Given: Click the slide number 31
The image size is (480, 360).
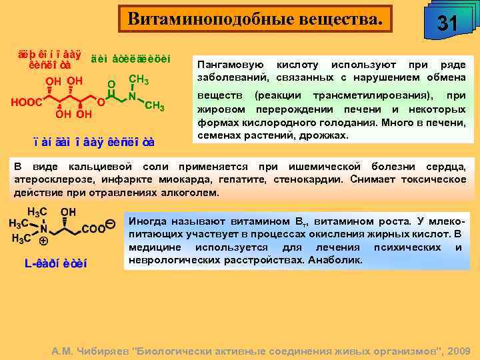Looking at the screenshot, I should pos(447,24).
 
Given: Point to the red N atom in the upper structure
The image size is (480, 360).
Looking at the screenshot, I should pos(133,96).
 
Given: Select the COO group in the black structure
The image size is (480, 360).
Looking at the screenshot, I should pos(93,228).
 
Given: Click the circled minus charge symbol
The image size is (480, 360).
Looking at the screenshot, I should pos(110,223).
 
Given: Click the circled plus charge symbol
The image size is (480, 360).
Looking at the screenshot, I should pos(43,240).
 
